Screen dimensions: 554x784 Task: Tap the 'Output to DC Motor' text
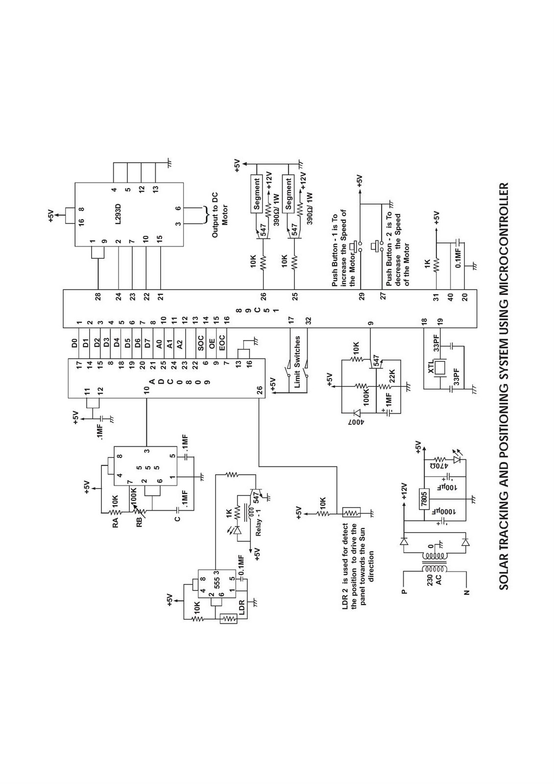(x=220, y=215)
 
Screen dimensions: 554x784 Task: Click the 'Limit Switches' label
(x=297, y=362)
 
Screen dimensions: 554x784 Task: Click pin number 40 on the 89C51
(x=451, y=297)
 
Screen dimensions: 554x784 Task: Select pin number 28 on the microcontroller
(x=98, y=296)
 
